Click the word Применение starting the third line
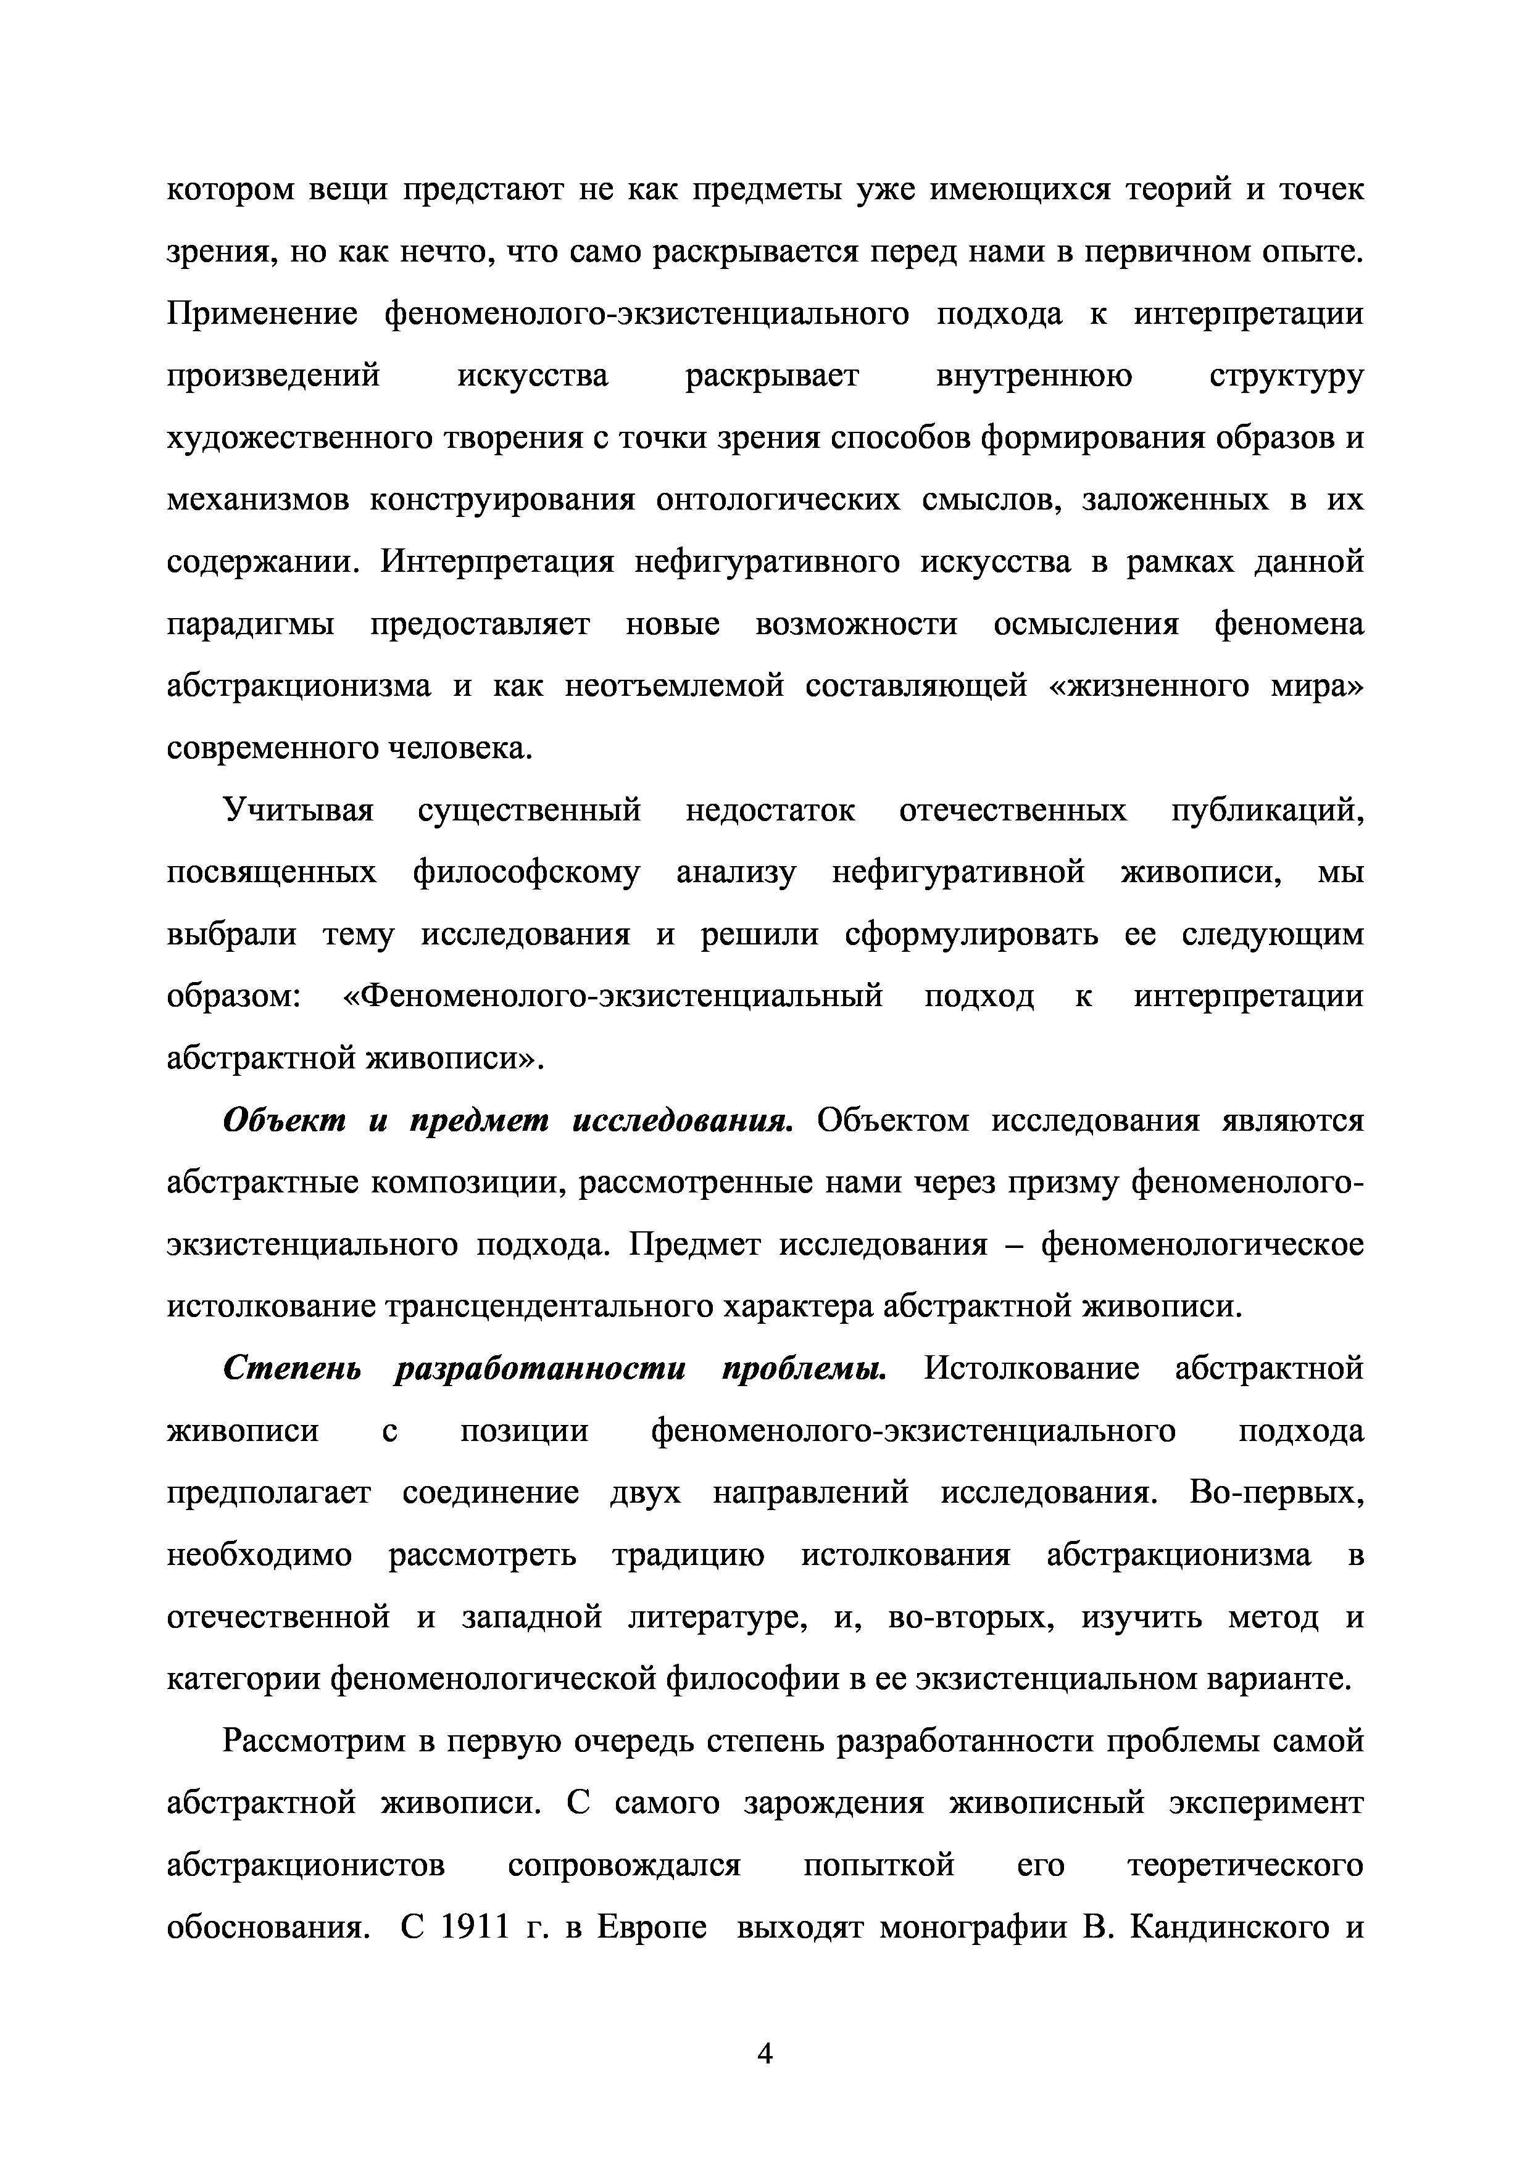click(x=262, y=313)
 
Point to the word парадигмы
click(x=250, y=624)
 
